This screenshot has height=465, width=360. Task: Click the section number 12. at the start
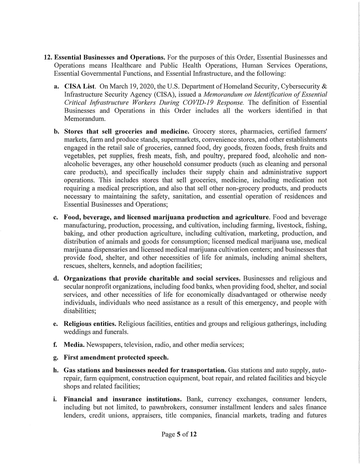tap(48, 58)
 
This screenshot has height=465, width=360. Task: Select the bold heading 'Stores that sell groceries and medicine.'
tap(127, 132)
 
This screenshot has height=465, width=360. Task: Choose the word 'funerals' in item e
tap(117, 332)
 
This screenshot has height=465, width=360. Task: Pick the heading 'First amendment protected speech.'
tap(116, 357)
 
